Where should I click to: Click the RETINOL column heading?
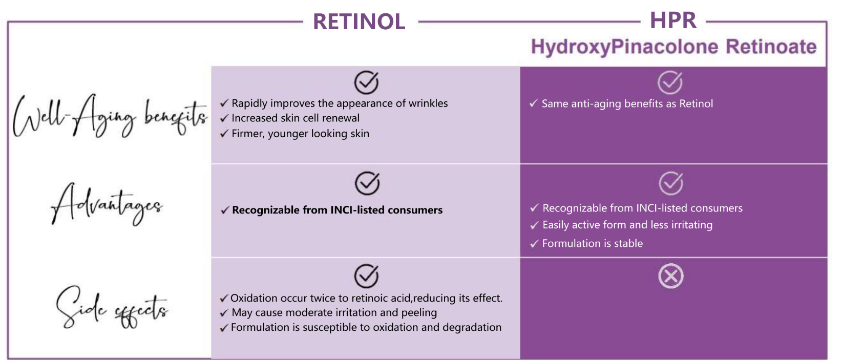[359, 22]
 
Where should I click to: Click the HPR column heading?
[673, 20]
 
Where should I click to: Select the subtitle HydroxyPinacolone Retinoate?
[673, 47]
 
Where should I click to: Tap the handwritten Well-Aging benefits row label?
[110, 116]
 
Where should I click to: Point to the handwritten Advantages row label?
[107, 204]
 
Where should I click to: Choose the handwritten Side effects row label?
[112, 307]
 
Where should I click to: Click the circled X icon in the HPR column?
[671, 276]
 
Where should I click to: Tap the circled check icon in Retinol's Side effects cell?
[367, 276]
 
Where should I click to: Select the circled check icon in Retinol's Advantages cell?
[367, 183]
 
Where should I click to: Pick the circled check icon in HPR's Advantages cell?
[671, 183]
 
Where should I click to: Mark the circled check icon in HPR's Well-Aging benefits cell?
[670, 82]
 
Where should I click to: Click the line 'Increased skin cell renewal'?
[296, 118]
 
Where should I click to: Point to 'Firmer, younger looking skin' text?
[300, 134]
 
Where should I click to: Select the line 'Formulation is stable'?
[593, 244]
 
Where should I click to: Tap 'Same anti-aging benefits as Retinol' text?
[627, 104]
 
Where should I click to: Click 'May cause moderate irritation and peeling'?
[334, 313]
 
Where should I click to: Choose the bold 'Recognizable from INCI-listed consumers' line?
[337, 209]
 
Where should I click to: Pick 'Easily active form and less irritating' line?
[627, 225]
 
